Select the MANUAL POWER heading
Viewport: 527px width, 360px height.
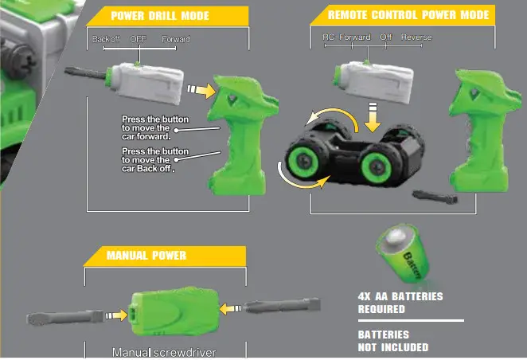pyautogui.click(x=146, y=255)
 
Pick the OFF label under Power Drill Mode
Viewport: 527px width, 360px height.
pyautogui.click(x=139, y=39)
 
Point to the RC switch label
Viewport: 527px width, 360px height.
pyautogui.click(x=328, y=37)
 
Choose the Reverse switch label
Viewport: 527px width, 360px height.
pyautogui.click(x=416, y=37)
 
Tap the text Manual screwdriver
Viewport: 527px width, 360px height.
pyautogui.click(x=164, y=352)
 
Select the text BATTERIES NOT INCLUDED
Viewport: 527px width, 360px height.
pyautogui.click(x=393, y=341)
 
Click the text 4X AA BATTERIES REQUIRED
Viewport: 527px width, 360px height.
pyautogui.click(x=400, y=302)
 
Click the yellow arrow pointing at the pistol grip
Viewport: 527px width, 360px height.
pyautogui.click(x=205, y=91)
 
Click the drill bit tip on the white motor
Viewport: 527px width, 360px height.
pyautogui.click(x=88, y=78)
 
